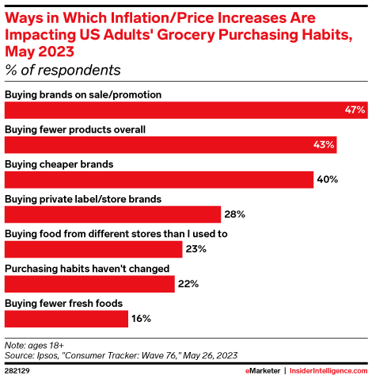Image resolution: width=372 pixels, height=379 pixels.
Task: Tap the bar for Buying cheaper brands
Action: coord(159,179)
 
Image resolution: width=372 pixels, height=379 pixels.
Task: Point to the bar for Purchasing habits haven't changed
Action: coord(89,284)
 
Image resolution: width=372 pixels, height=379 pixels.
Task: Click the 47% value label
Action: coord(354,109)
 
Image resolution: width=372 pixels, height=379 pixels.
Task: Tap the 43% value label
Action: coord(325,144)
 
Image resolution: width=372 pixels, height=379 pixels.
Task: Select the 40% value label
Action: coord(328,179)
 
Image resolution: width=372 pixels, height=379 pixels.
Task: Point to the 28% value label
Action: coord(234,214)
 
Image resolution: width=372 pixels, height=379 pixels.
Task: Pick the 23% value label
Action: coord(196,249)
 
